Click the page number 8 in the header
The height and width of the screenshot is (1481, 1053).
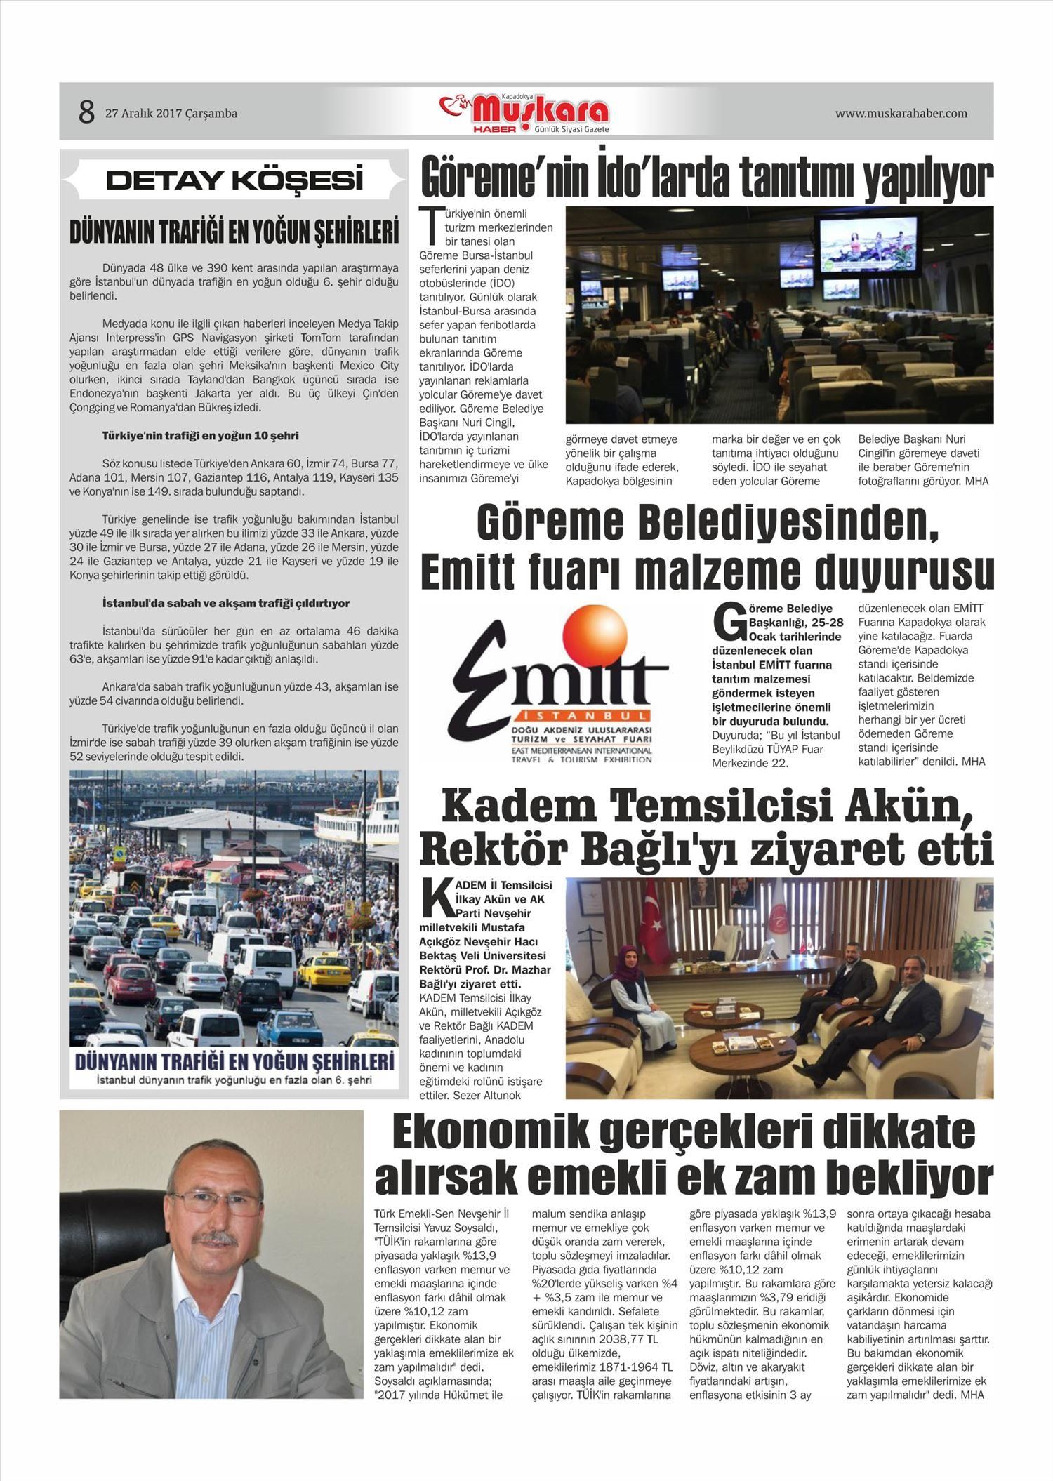(x=86, y=112)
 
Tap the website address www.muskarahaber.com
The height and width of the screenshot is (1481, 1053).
(x=901, y=114)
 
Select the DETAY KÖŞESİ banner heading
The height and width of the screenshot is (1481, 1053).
(x=234, y=180)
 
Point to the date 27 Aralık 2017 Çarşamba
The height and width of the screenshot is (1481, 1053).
(x=171, y=114)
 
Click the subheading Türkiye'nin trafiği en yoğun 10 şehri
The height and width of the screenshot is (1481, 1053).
(x=200, y=436)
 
